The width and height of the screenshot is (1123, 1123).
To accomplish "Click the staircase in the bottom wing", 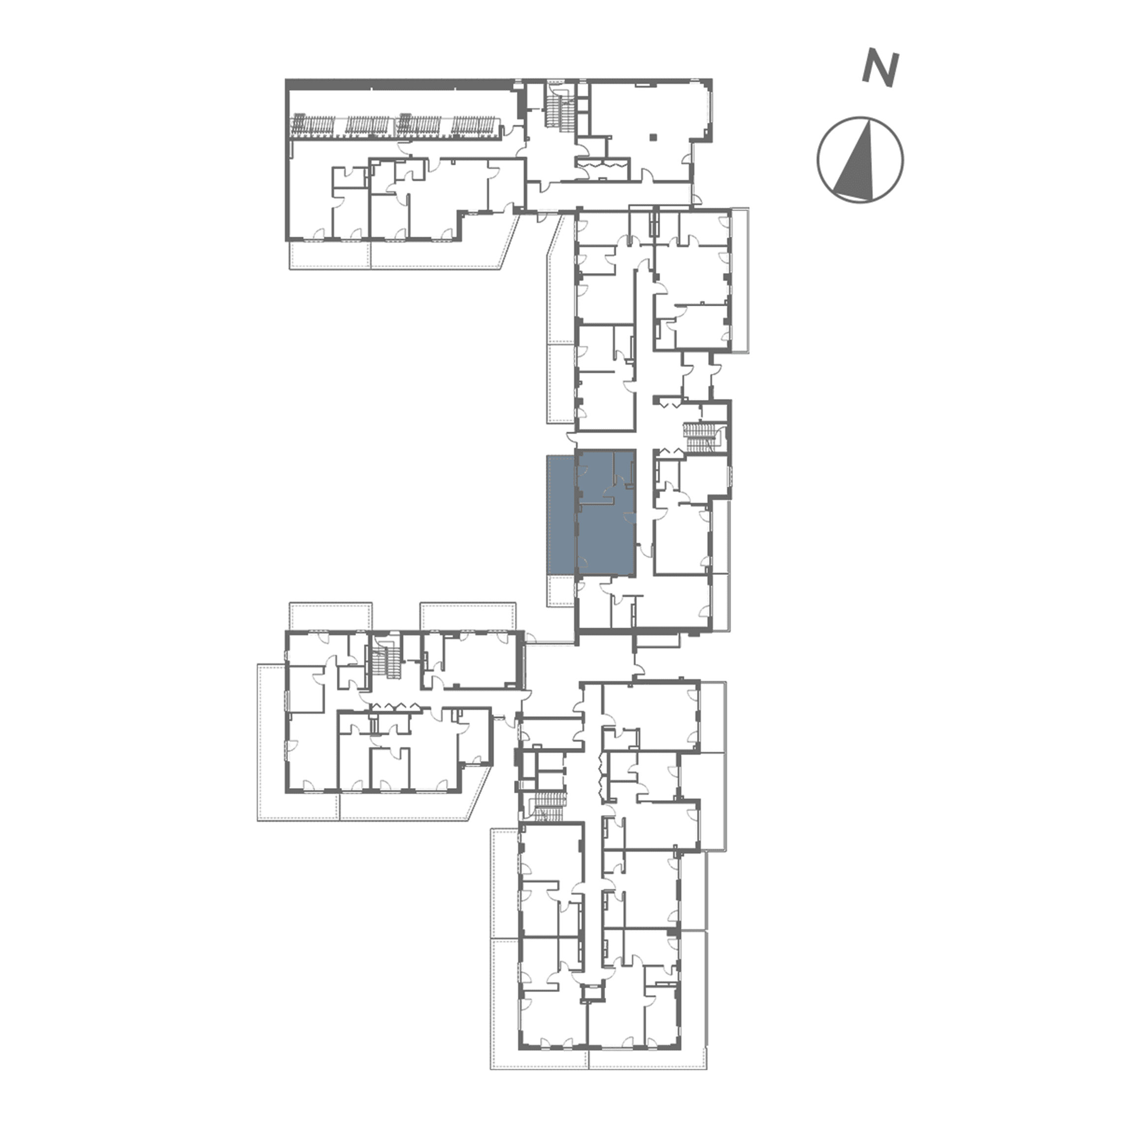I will (x=547, y=807).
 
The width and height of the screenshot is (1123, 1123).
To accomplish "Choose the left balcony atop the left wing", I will (x=330, y=616).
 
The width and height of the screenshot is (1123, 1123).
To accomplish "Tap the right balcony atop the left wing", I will (x=468, y=616).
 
